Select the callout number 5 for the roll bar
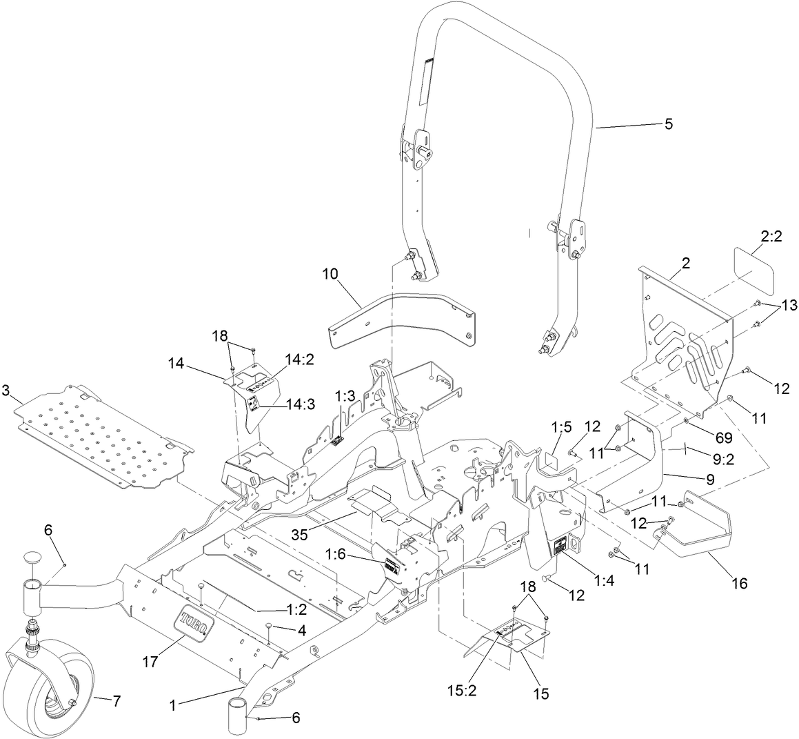(668, 124)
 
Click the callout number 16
(738, 583)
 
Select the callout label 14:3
(301, 405)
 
